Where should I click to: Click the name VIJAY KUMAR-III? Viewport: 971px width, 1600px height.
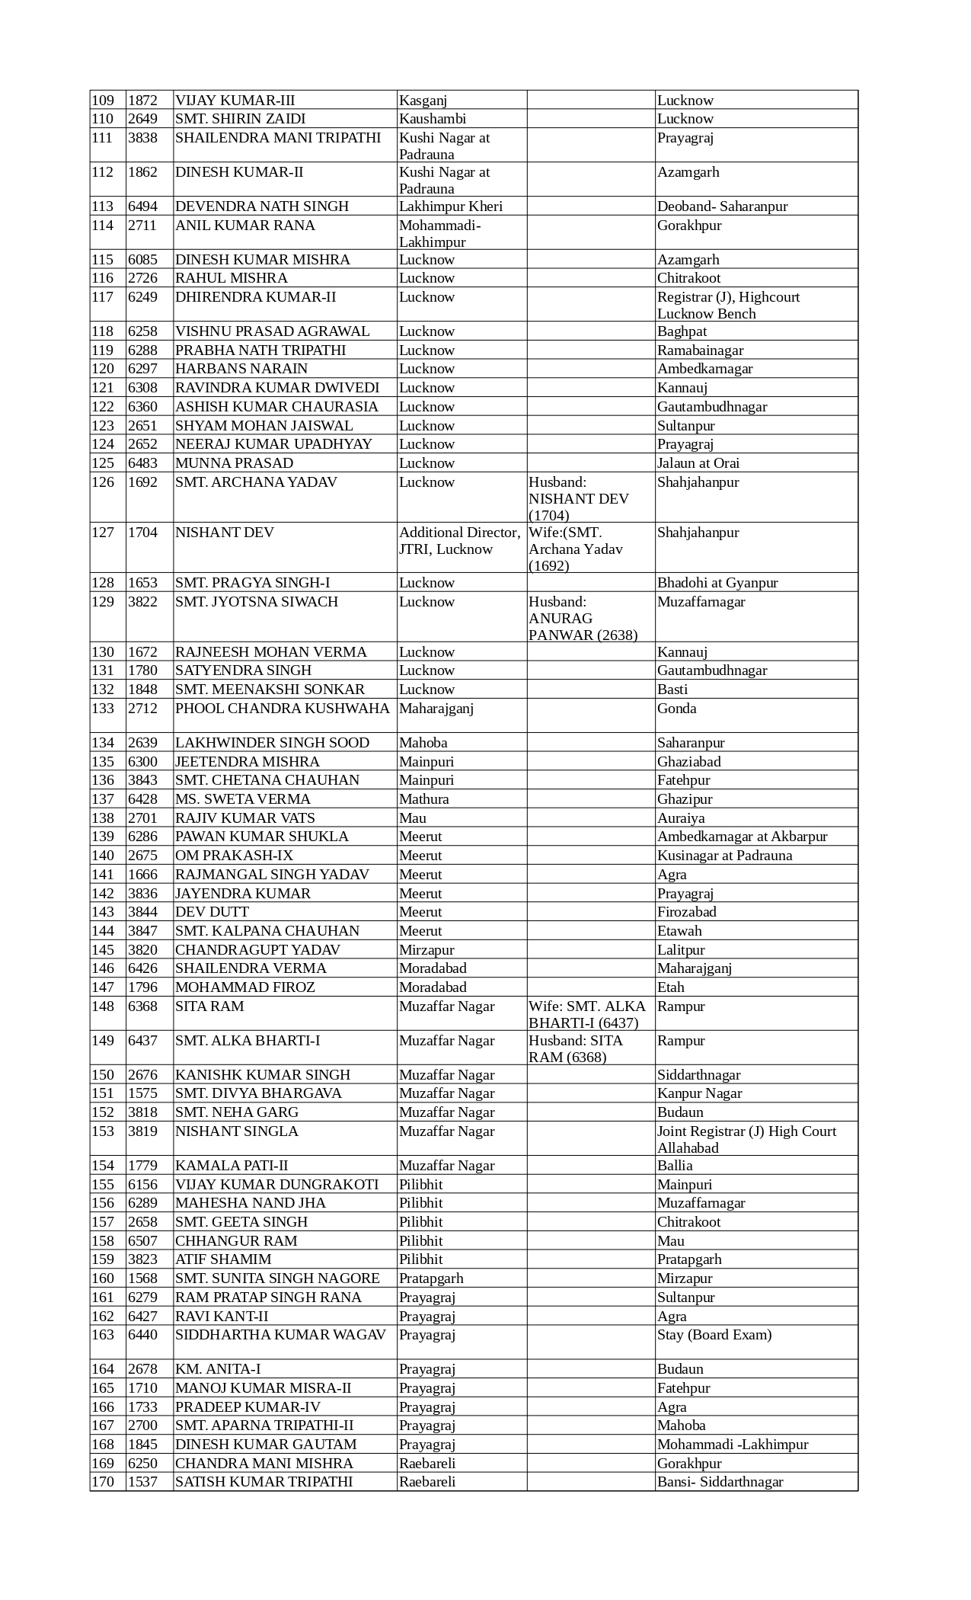235,101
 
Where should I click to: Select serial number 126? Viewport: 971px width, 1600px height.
102,482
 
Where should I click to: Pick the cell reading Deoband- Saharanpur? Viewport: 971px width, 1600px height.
722,206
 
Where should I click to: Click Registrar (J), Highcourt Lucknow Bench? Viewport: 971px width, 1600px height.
728,305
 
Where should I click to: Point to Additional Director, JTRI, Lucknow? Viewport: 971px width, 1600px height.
460,541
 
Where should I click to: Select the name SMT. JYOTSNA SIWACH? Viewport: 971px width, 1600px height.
257,602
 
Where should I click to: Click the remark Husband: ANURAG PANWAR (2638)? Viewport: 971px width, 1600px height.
583,618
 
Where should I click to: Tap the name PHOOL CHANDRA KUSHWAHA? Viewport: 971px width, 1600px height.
283,709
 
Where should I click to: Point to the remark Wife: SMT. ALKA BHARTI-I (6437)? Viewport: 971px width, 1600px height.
587,1014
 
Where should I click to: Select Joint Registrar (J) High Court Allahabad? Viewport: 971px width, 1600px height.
746,1139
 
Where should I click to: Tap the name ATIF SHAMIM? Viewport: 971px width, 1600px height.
223,1259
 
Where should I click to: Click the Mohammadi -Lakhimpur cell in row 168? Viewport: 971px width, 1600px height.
733,1445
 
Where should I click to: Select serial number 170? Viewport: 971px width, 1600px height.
102,1482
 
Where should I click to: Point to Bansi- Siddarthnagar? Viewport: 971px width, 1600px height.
720,1482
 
